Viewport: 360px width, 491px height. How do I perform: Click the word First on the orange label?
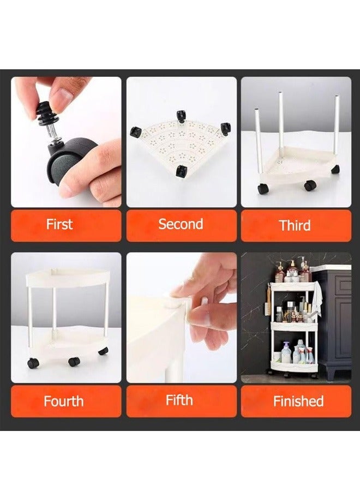pyautogui.click(x=59, y=225)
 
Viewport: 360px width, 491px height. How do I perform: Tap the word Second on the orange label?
pyautogui.click(x=181, y=224)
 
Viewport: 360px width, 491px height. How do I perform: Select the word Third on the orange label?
pyautogui.click(x=295, y=225)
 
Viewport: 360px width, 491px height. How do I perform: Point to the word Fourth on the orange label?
pyautogui.click(x=64, y=401)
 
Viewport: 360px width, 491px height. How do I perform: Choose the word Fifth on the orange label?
pyautogui.click(x=179, y=400)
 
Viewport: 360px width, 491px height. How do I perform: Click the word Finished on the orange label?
pyautogui.click(x=298, y=401)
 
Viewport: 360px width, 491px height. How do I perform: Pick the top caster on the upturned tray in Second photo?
pyautogui.click(x=180, y=116)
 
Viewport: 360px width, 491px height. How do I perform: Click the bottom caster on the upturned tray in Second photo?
pyautogui.click(x=181, y=172)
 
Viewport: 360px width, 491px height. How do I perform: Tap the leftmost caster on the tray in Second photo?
pyautogui.click(x=136, y=132)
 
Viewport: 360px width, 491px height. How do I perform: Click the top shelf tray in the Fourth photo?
pyautogui.click(x=67, y=278)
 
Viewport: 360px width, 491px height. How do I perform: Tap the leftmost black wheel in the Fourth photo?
pyautogui.click(x=33, y=363)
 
